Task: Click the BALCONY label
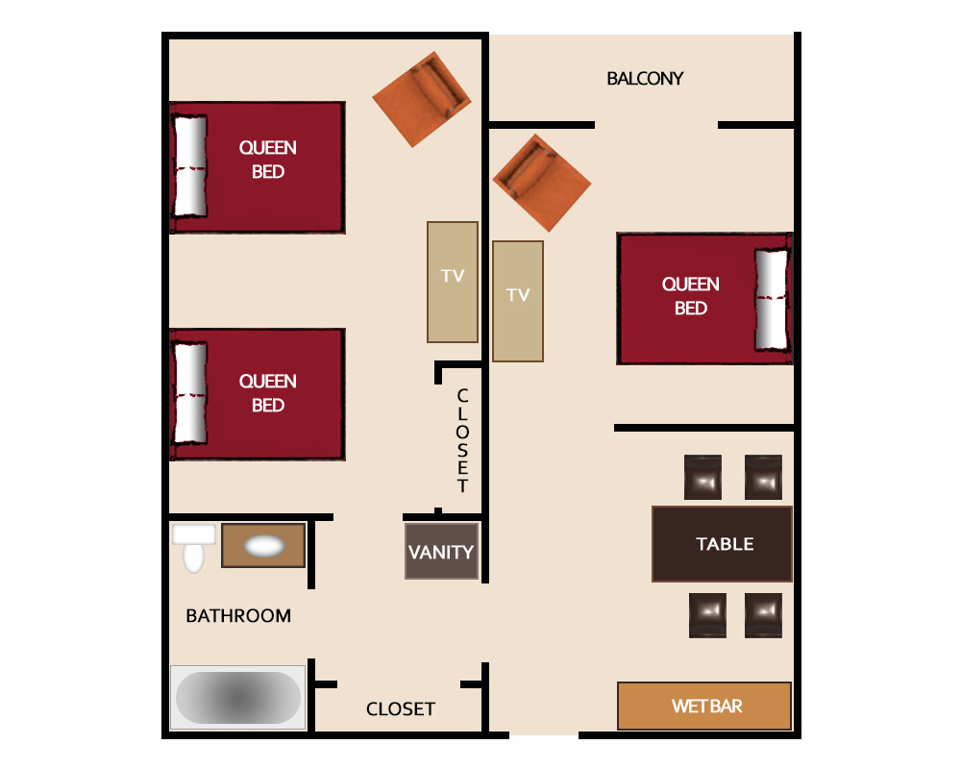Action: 645,79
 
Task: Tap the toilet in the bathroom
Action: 194,548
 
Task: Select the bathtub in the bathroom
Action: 237,697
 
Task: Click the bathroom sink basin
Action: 264,546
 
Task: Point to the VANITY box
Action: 441,552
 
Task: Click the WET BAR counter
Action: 704,706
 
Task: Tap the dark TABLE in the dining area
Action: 722,544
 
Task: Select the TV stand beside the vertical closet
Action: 453,282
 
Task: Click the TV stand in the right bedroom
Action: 518,301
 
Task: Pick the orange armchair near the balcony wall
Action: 422,99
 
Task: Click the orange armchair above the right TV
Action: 542,183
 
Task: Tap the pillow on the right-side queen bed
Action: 771,299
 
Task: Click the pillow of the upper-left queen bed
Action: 190,166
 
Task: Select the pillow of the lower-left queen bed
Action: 190,393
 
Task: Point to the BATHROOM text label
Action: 238,616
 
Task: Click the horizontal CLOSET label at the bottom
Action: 400,708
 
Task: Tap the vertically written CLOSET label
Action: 463,440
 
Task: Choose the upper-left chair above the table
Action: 702,477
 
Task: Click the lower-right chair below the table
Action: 763,615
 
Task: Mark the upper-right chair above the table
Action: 763,477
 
